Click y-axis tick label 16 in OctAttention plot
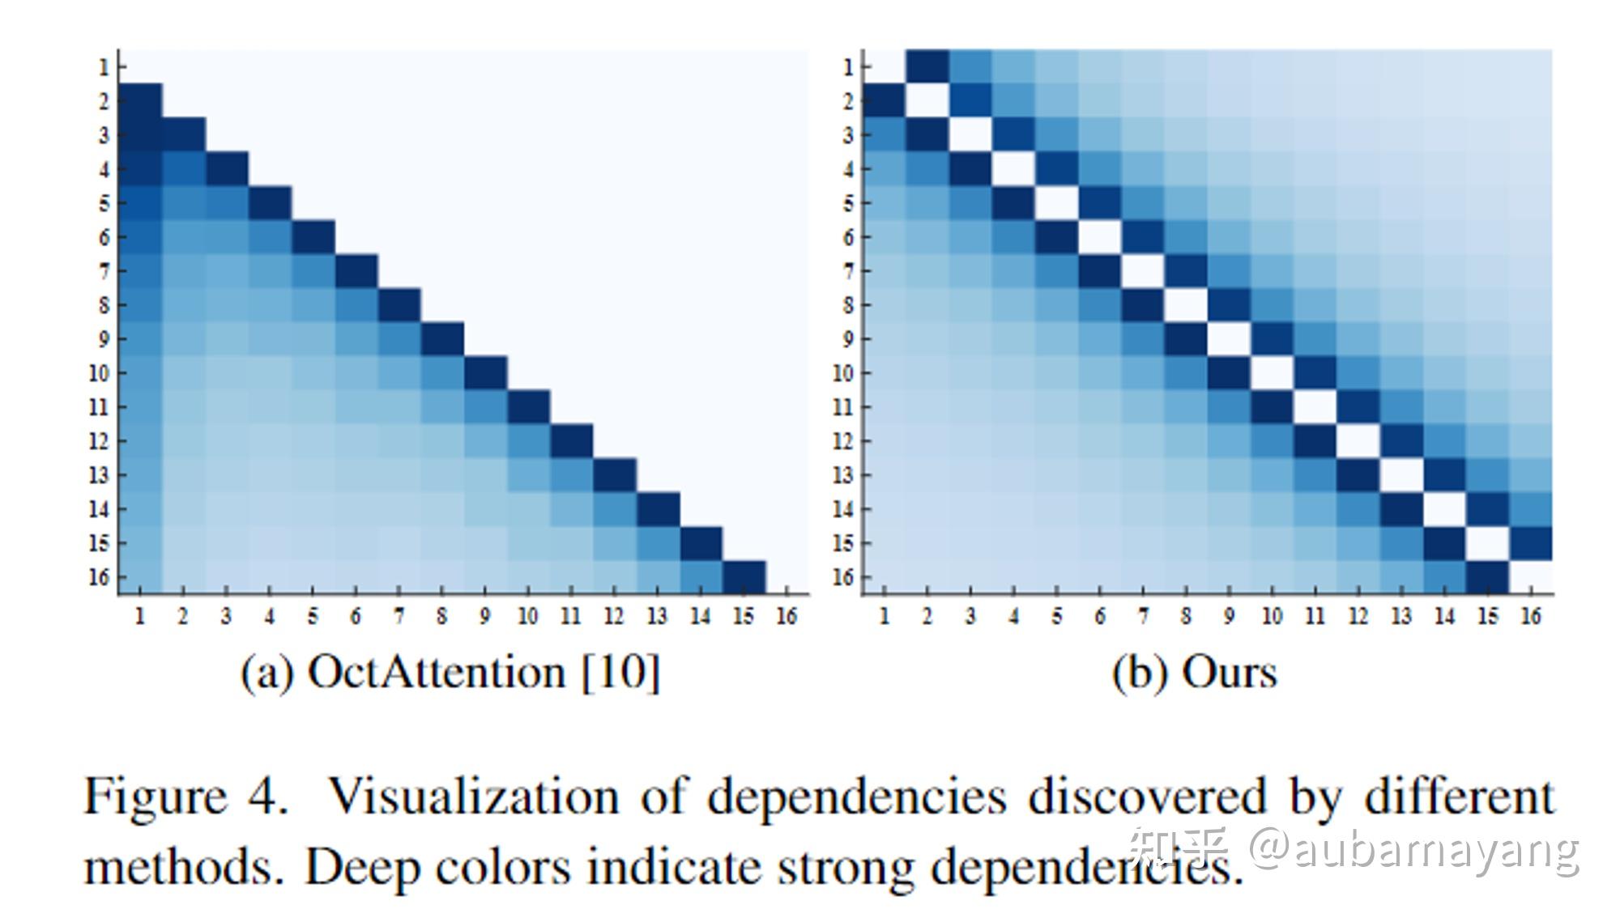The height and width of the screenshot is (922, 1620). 98,577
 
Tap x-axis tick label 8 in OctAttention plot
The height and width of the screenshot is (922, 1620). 441,617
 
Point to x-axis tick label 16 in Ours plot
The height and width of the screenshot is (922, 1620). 1530,617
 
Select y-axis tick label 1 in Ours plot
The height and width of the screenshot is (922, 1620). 847,67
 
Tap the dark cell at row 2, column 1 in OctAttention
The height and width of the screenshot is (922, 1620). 140,100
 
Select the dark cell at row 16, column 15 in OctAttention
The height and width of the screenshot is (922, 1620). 744,577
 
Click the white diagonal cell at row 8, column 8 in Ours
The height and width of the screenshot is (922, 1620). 1186,305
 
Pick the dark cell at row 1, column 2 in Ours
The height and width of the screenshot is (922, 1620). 927,66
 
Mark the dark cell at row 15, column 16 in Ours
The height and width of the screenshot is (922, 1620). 1530,543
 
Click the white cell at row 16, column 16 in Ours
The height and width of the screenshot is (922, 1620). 1530,577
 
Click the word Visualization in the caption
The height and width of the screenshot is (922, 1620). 473,797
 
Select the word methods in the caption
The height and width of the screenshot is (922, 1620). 183,868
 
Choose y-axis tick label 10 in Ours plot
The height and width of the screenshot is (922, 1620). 842,373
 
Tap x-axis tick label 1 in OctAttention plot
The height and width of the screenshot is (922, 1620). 140,617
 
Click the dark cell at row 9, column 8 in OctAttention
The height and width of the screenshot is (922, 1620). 441,339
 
